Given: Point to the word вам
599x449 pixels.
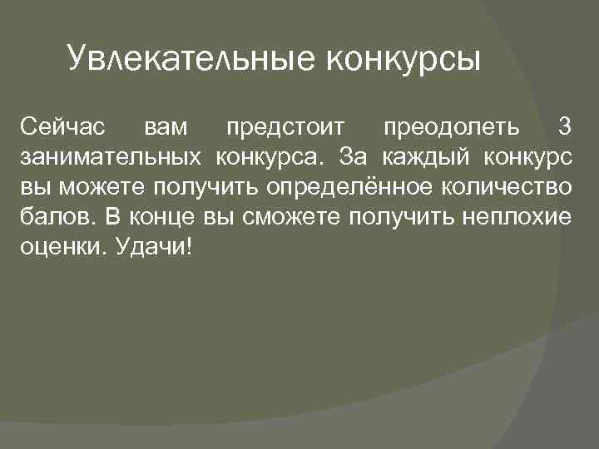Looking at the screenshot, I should tap(166, 128).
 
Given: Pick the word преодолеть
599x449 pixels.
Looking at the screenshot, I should tap(450, 128).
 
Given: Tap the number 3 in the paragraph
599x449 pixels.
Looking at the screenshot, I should tap(565, 128).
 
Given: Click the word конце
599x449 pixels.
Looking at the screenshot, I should tap(162, 218).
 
